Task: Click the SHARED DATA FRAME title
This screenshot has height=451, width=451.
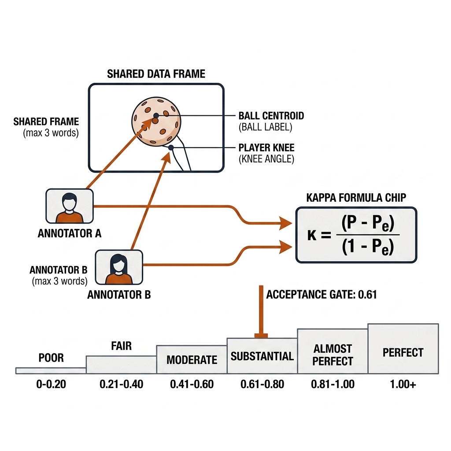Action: click(156, 74)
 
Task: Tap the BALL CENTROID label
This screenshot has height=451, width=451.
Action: click(271, 116)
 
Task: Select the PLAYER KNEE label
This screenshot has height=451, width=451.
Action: click(266, 148)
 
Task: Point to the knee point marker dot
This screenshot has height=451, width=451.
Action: click(171, 148)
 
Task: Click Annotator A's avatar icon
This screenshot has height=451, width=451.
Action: click(70, 206)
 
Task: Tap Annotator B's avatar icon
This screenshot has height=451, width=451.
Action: click(119, 267)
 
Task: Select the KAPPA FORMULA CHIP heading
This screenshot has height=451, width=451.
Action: click(356, 198)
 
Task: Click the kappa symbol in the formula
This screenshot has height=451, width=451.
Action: click(312, 235)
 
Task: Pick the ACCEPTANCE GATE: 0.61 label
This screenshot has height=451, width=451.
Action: click(321, 295)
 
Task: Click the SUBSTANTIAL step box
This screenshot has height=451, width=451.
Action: click(262, 356)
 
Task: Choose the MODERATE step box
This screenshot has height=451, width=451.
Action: click(192, 359)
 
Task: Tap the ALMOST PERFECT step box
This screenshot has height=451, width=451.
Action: click(333, 351)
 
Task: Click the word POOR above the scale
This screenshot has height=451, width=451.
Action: click(51, 358)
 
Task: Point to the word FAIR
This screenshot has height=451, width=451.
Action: click(122, 346)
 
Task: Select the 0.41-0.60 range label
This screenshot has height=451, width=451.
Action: click(192, 384)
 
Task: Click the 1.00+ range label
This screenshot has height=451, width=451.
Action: click(403, 384)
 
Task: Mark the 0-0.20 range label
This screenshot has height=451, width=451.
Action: click(51, 384)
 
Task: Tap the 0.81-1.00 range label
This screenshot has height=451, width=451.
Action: click(333, 384)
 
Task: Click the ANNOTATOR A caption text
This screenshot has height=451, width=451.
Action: click(70, 233)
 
